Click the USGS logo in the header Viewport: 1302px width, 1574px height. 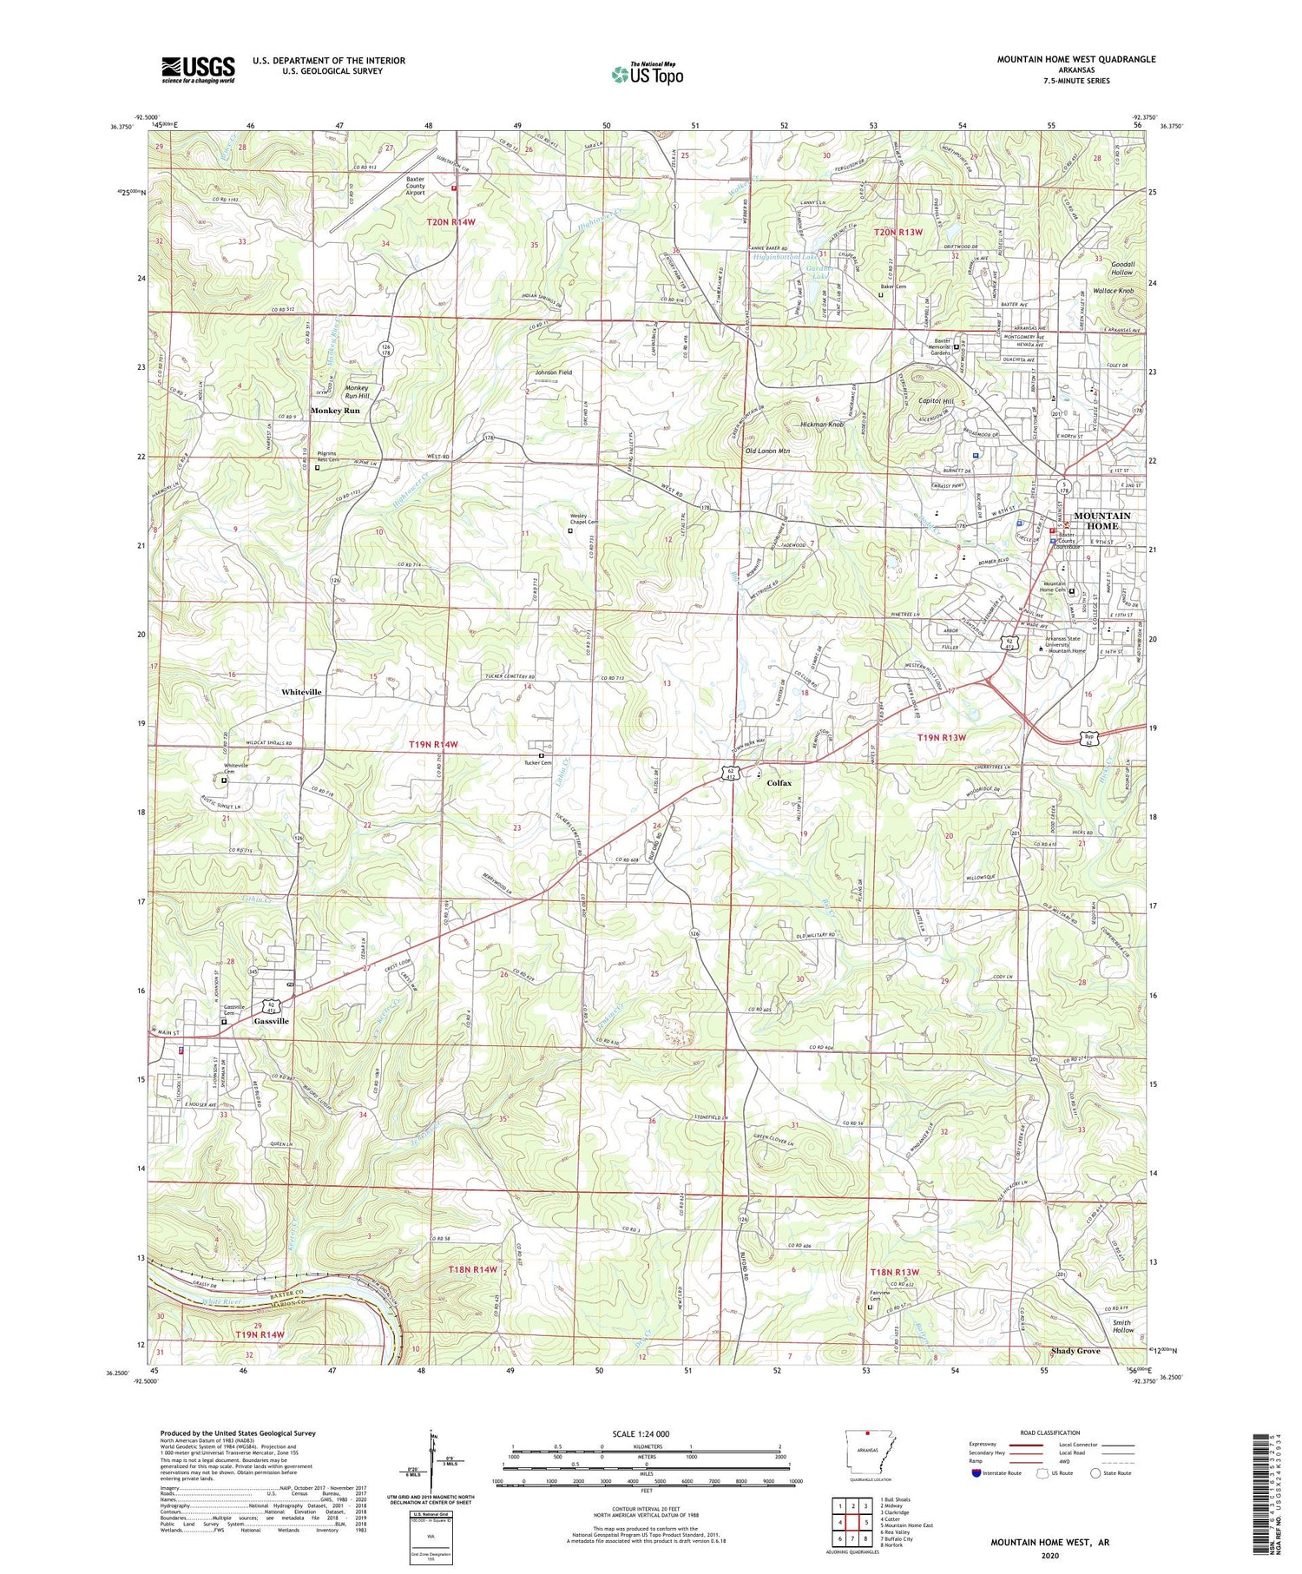pyautogui.click(x=198, y=69)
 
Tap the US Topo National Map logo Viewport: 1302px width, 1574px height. pyautogui.click(x=647, y=74)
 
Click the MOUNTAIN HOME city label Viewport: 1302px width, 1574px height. pyautogui.click(x=1101, y=520)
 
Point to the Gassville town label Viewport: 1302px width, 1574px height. pyautogui.click(x=271, y=1021)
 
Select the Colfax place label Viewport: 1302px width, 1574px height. pyautogui.click(x=779, y=782)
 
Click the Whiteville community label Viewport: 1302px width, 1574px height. pyautogui.click(x=301, y=692)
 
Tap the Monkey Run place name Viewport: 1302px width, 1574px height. pyautogui.click(x=335, y=410)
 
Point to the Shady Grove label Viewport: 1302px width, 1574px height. pyautogui.click(x=1075, y=1351)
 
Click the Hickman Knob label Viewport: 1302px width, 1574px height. pyautogui.click(x=821, y=425)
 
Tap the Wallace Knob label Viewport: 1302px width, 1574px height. pyautogui.click(x=1113, y=291)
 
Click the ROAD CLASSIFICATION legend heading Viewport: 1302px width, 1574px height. pyautogui.click(x=1049, y=1432)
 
